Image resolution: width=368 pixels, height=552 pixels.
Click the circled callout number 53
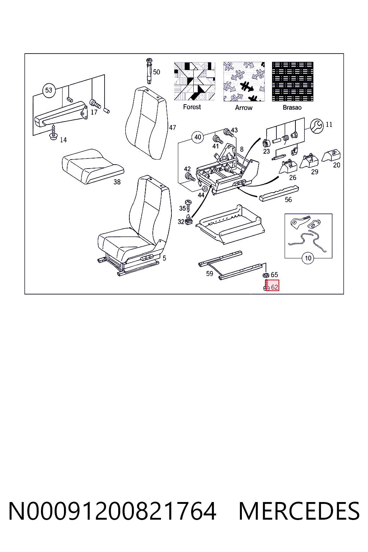49,91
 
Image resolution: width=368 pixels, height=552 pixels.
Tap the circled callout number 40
198,137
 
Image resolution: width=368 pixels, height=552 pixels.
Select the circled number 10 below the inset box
308,258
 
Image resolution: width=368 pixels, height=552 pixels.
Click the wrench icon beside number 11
317,126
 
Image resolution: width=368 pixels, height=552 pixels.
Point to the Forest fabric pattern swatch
194,81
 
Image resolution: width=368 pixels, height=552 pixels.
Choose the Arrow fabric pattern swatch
244,82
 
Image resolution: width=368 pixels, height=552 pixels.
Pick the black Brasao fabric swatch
293,82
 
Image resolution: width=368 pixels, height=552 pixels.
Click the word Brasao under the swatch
292,108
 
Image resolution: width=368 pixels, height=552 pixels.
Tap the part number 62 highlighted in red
274,287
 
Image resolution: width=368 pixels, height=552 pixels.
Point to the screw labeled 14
53,132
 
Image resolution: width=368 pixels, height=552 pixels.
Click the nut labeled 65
266,275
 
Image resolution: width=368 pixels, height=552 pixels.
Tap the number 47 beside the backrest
172,128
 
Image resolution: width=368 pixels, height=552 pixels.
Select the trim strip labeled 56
279,193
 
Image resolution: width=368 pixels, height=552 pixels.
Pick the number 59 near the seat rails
210,273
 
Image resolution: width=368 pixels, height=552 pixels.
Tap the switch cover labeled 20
331,155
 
